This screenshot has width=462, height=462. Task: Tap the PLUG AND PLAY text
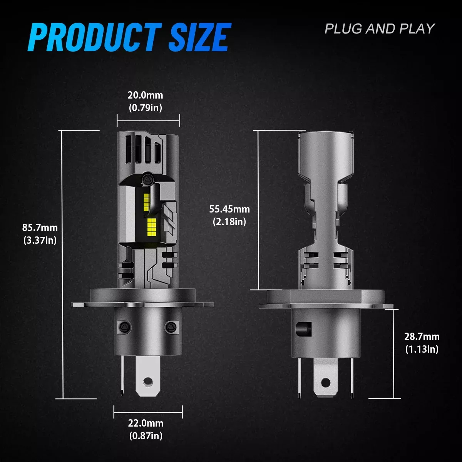tap(379, 29)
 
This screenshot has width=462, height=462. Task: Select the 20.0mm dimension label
tap(145, 95)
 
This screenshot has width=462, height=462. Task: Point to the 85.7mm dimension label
tap(40, 227)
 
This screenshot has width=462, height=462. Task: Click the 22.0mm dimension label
tap(146, 423)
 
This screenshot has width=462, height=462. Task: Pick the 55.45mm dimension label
tap(229, 209)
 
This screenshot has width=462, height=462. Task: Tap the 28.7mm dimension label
tap(422, 336)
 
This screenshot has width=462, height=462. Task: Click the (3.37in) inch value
tap(40, 240)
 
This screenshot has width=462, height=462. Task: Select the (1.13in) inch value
tap(422, 349)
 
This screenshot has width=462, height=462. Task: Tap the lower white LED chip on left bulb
tap(151, 227)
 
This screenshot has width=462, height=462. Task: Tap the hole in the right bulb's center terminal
tap(326, 382)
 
